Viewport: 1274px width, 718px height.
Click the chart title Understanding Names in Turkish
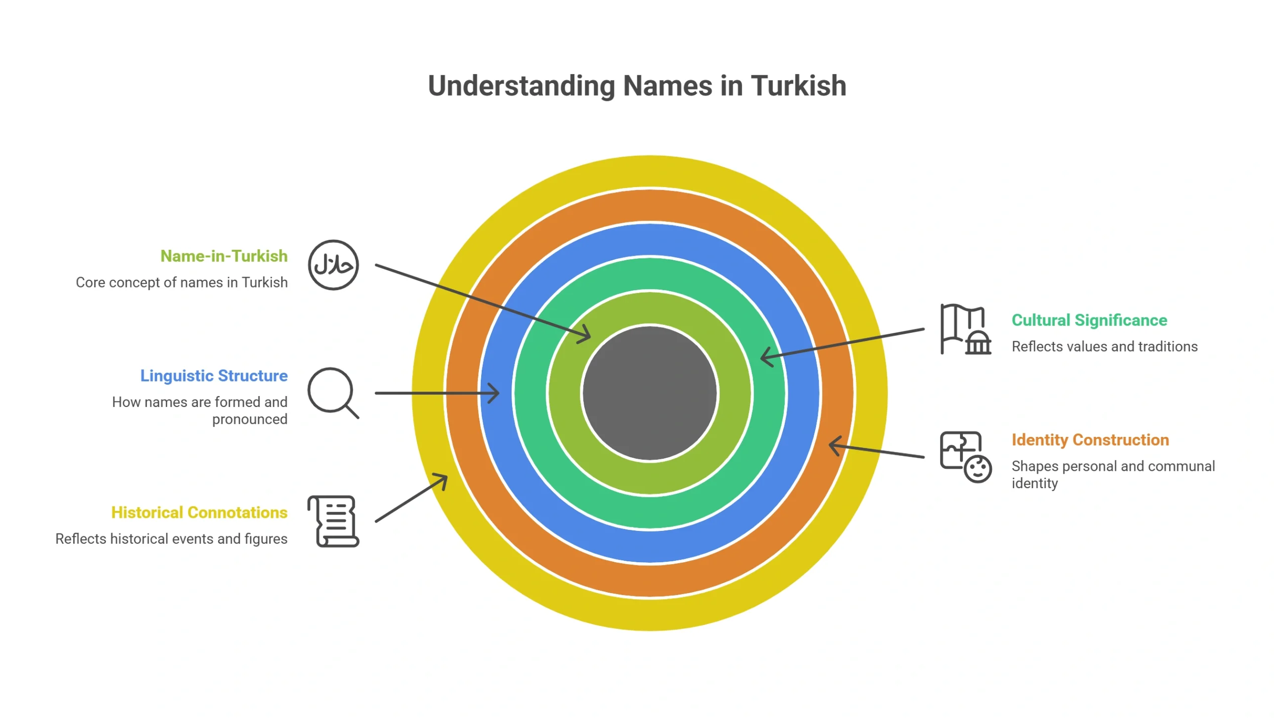637,86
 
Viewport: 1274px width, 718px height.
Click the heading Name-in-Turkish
224,256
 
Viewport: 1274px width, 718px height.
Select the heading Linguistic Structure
214,376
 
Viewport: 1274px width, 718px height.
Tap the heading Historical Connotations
199,513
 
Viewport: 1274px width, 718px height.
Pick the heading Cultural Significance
1089,320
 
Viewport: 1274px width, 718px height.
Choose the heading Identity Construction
1090,440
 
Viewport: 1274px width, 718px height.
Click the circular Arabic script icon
333,265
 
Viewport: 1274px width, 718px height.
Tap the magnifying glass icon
333,393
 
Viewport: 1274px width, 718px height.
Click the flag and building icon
966,329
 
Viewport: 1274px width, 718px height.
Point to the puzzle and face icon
966,457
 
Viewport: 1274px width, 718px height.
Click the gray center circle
649,393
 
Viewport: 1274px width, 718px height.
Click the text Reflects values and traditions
1105,346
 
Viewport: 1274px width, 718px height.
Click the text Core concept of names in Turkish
182,282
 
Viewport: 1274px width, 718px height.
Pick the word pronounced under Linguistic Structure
250,419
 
